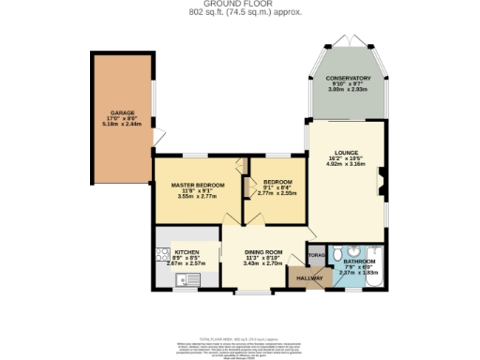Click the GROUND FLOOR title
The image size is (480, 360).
pyautogui.click(x=241, y=5)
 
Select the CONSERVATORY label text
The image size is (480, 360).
pyautogui.click(x=348, y=79)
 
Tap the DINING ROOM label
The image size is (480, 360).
pyautogui.click(x=263, y=251)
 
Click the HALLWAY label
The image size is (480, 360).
pyautogui.click(x=309, y=278)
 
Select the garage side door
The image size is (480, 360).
pyautogui.click(x=158, y=138)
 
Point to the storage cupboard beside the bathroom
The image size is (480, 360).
pyautogui.click(x=317, y=254)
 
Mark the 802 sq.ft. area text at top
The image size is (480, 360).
pyautogui.click(x=241, y=13)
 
